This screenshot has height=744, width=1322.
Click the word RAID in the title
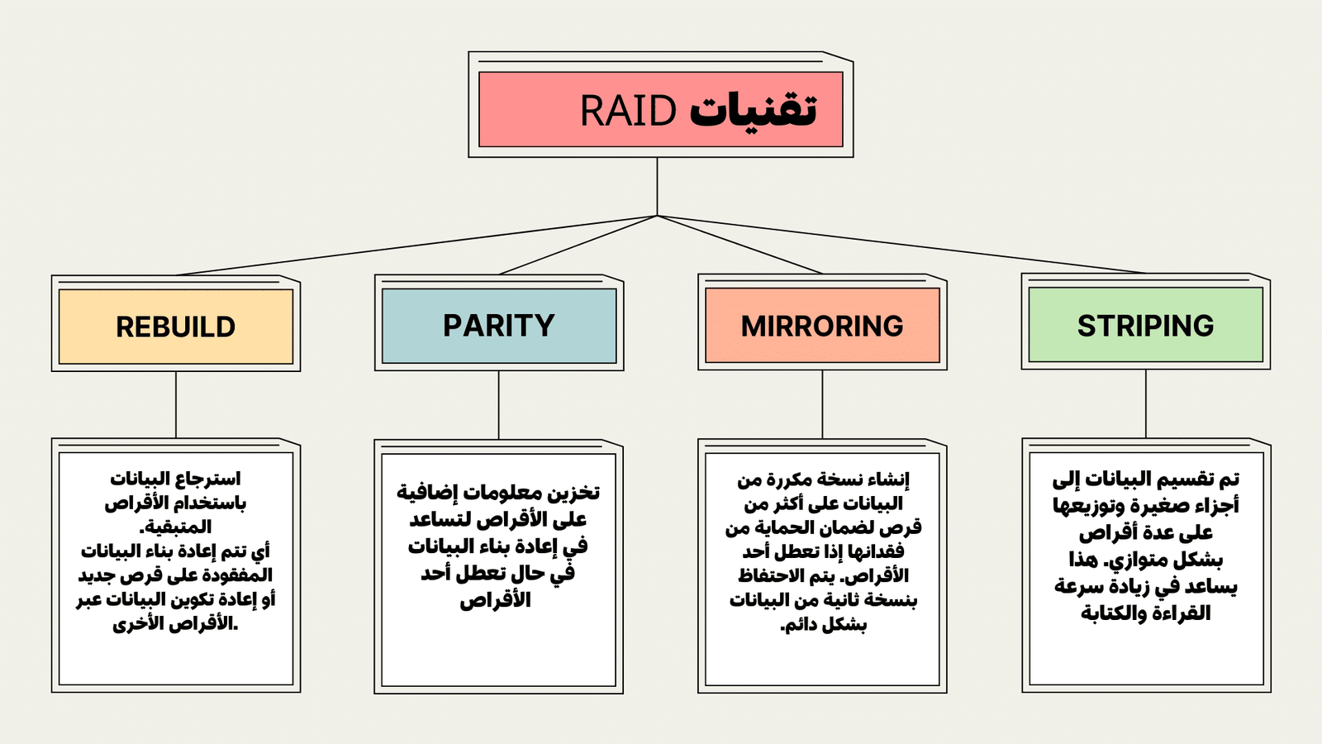point(628,111)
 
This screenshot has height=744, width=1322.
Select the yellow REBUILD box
point(176,327)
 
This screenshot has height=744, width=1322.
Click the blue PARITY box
point(499,326)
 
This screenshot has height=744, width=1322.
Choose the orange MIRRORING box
point(822,326)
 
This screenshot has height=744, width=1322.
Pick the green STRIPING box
point(1145,326)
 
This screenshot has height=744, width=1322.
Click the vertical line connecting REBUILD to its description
point(176,405)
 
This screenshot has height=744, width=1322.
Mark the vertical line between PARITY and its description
point(499,405)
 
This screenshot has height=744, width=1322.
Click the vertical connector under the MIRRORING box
point(822,404)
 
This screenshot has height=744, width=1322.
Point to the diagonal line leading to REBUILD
point(413,246)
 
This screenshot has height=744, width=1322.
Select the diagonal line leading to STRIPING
point(901,244)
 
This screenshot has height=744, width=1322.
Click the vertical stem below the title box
point(657,186)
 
